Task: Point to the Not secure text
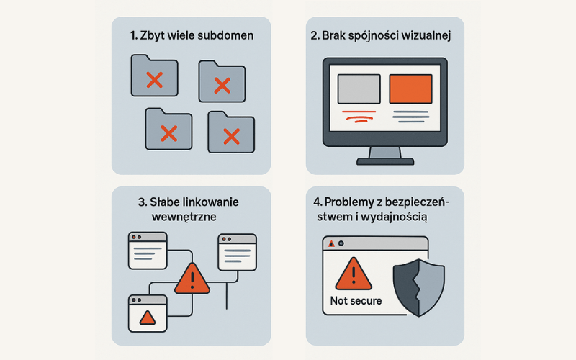pos(356,300)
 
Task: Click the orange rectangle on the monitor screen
pos(410,89)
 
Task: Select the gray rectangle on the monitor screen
pos(359,89)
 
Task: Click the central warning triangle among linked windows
pos(192,279)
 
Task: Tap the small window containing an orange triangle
pos(147,312)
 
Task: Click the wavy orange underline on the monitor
pos(359,115)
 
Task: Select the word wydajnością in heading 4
pos(399,217)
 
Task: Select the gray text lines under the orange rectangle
pos(410,117)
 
